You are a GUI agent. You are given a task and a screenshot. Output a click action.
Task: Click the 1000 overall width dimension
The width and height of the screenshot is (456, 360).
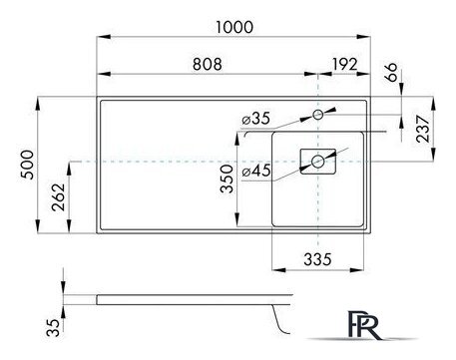coord(233,31)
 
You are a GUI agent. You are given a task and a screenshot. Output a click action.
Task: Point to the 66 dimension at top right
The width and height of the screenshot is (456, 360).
coord(391,71)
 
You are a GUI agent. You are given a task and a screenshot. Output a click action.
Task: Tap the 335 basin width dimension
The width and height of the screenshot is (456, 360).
coord(316,259)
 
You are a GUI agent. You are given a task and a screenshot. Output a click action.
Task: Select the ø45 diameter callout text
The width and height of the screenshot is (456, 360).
coord(255,170)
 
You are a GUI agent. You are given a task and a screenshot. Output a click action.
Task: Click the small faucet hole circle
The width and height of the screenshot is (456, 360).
coord(318,116)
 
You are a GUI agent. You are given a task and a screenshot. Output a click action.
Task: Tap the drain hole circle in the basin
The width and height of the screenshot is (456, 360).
coord(318,160)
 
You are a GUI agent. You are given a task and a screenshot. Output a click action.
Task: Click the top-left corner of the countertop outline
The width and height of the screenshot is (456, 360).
coord(98,98)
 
